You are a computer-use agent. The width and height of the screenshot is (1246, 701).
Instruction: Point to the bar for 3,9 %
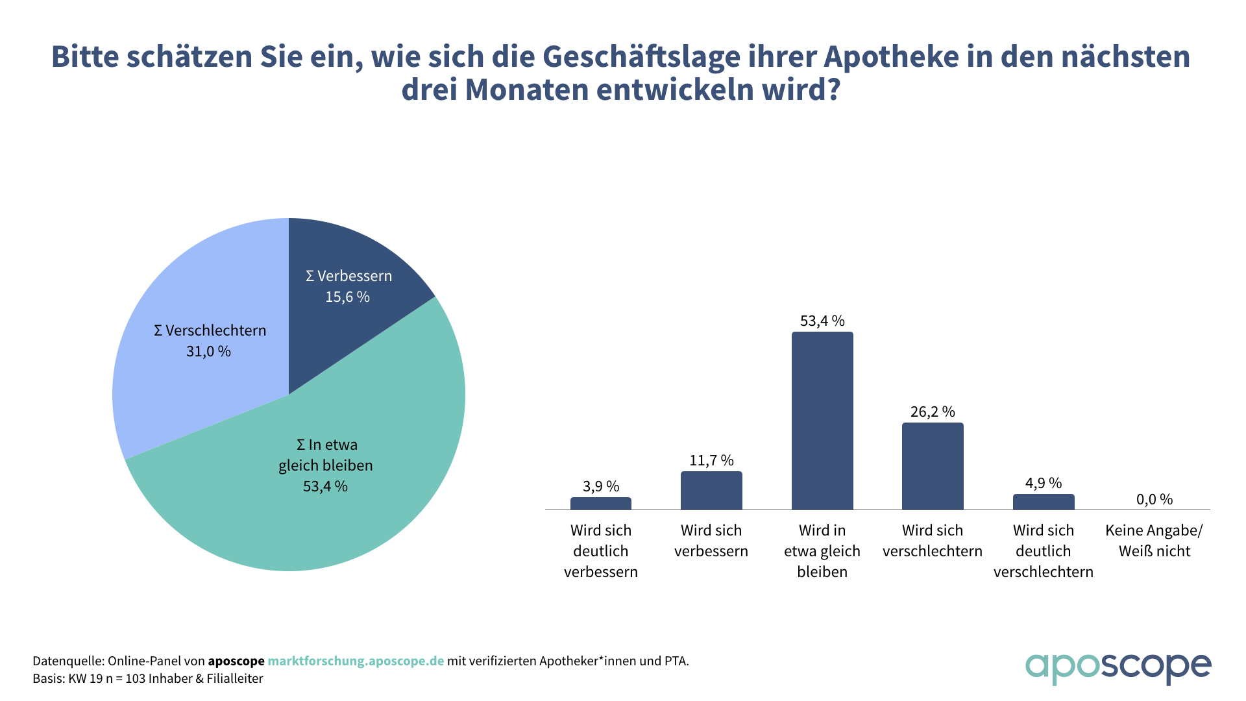pos(601,503)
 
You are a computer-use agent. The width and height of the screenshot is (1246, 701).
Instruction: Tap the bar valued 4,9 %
pos(1044,502)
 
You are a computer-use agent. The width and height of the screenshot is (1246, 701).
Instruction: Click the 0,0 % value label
pos(1154,499)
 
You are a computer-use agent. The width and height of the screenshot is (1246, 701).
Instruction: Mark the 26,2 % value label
pos(933,412)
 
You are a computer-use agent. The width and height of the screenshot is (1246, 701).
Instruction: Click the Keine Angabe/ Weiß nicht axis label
pos(1154,541)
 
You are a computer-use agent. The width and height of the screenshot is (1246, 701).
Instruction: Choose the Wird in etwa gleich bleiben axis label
pos(822,551)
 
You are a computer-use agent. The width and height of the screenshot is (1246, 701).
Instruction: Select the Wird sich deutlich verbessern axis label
pos(601,551)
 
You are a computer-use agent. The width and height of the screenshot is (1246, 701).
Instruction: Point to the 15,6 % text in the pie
pos(347,297)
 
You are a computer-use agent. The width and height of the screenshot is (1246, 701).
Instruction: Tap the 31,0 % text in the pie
pos(208,351)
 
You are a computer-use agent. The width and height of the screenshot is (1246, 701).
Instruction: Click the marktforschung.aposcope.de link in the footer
pos(356,661)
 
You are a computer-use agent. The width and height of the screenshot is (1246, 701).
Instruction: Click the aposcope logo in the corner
pos(1118,667)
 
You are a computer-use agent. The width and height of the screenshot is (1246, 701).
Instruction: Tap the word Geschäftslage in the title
pos(641,56)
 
